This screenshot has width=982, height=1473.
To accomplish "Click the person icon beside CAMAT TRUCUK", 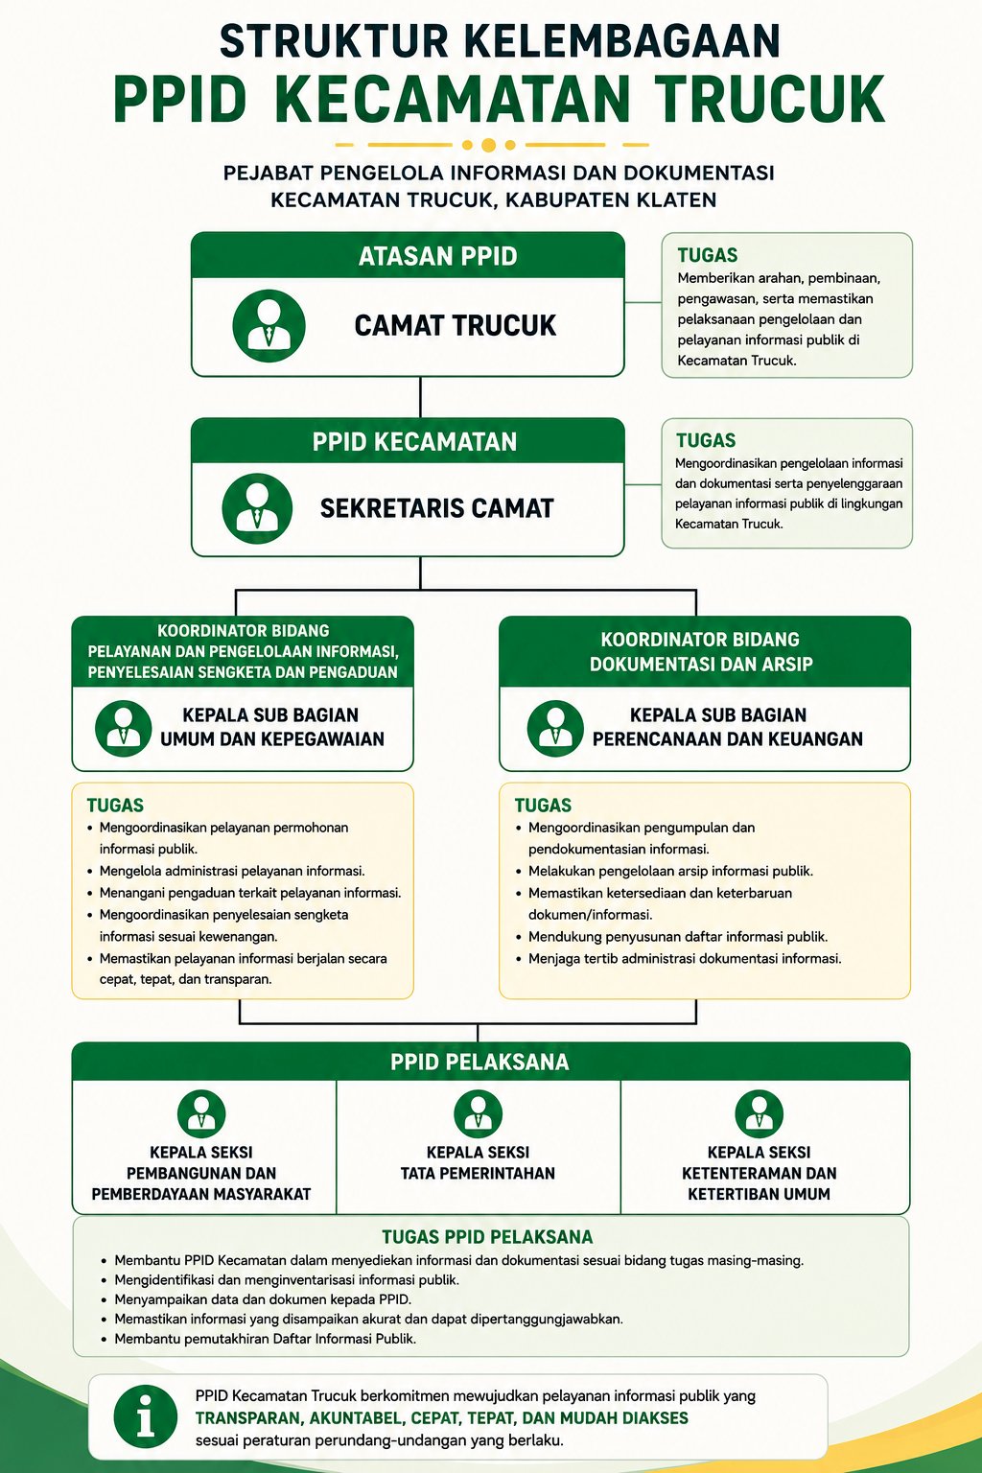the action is pyautogui.click(x=269, y=325).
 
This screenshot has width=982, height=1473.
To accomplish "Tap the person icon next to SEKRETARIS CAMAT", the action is pyautogui.click(x=257, y=508).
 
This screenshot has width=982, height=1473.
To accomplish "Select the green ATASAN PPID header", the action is pyautogui.click(x=408, y=255).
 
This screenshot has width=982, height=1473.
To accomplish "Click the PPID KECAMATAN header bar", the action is pyautogui.click(x=408, y=440).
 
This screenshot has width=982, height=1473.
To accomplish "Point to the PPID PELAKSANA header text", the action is pyautogui.click(x=479, y=1062).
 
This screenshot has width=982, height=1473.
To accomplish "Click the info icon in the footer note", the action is pyautogui.click(x=146, y=1415).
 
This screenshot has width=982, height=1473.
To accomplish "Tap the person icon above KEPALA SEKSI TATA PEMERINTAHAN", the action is pyautogui.click(x=479, y=1114).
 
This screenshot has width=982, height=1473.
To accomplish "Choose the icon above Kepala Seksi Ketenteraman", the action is pyautogui.click(x=759, y=1114).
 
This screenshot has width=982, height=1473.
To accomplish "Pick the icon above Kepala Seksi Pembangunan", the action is pyautogui.click(x=201, y=1114).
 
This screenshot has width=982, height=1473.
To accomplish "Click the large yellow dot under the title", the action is pyautogui.click(x=488, y=145).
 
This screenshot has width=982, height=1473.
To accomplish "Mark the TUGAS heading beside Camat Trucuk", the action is pyautogui.click(x=708, y=255).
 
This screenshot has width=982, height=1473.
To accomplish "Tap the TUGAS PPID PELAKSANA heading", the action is pyautogui.click(x=487, y=1237).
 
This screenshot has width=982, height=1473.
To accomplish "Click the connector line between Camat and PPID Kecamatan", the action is pyautogui.click(x=420, y=397).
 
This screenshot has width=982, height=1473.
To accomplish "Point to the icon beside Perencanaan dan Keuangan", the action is pyautogui.click(x=555, y=728).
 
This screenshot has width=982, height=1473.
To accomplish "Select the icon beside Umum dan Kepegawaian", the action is pyautogui.click(x=124, y=728).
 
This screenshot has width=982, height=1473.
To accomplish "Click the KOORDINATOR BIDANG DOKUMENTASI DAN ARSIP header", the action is pyautogui.click(x=705, y=652).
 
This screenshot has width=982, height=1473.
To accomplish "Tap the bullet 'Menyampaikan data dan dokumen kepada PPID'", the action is pyautogui.click(x=263, y=1299).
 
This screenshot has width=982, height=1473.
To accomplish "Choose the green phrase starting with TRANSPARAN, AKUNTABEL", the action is pyautogui.click(x=441, y=1417).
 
